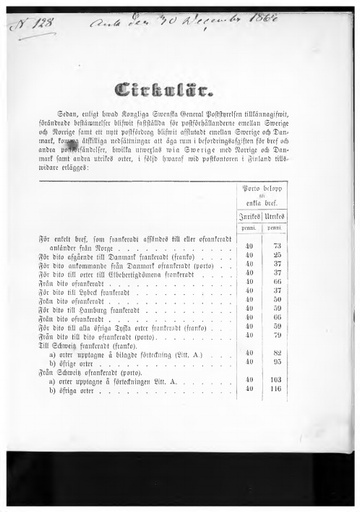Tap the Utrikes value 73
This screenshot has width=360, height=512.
(276, 245)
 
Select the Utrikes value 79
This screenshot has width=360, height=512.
(276, 335)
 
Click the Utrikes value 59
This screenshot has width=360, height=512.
(276, 326)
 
